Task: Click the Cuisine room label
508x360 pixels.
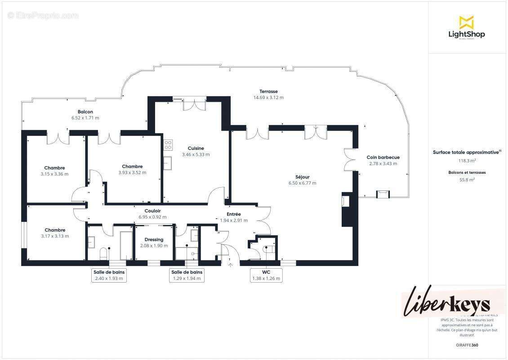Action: [196, 148]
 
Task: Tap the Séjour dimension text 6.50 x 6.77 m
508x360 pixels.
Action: [302, 183]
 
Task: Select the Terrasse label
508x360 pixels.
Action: [268, 91]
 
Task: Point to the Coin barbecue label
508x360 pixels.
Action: [383, 157]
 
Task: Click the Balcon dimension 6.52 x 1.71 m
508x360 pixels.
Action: [85, 118]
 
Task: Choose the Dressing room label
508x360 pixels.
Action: [154, 239]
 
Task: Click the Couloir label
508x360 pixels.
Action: [153, 211]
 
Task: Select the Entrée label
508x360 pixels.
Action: [233, 214]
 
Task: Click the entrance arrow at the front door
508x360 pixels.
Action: [231, 265]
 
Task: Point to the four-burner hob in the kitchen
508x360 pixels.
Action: [168, 144]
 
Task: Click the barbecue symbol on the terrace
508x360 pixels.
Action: [382, 194]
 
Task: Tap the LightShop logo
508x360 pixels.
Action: [466, 28]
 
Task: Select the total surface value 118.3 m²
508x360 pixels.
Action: [467, 161]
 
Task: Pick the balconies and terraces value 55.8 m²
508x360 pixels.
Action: [467, 179]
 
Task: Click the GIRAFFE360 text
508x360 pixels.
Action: [467, 344]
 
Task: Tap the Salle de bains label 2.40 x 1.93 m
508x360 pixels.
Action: [109, 275]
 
